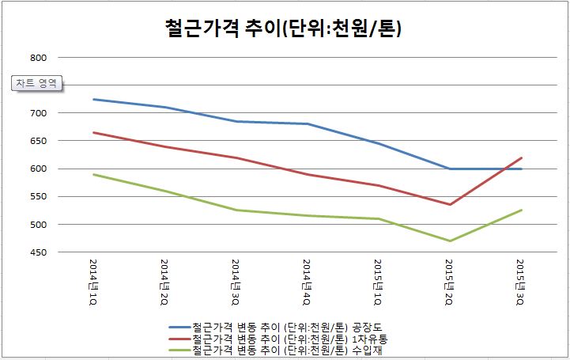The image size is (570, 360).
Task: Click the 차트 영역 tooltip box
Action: (x=36, y=83)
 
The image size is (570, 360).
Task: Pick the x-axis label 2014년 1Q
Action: (x=94, y=281)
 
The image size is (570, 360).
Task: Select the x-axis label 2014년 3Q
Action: (x=236, y=281)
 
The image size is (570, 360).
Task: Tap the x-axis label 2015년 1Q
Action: (x=379, y=281)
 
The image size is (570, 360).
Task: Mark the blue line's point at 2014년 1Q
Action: (x=94, y=99)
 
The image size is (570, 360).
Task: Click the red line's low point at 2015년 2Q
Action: (x=450, y=205)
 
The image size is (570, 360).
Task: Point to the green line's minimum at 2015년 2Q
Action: (x=450, y=241)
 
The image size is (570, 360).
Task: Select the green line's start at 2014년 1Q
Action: (x=94, y=174)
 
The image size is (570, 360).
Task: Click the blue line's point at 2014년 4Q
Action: (x=308, y=123)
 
